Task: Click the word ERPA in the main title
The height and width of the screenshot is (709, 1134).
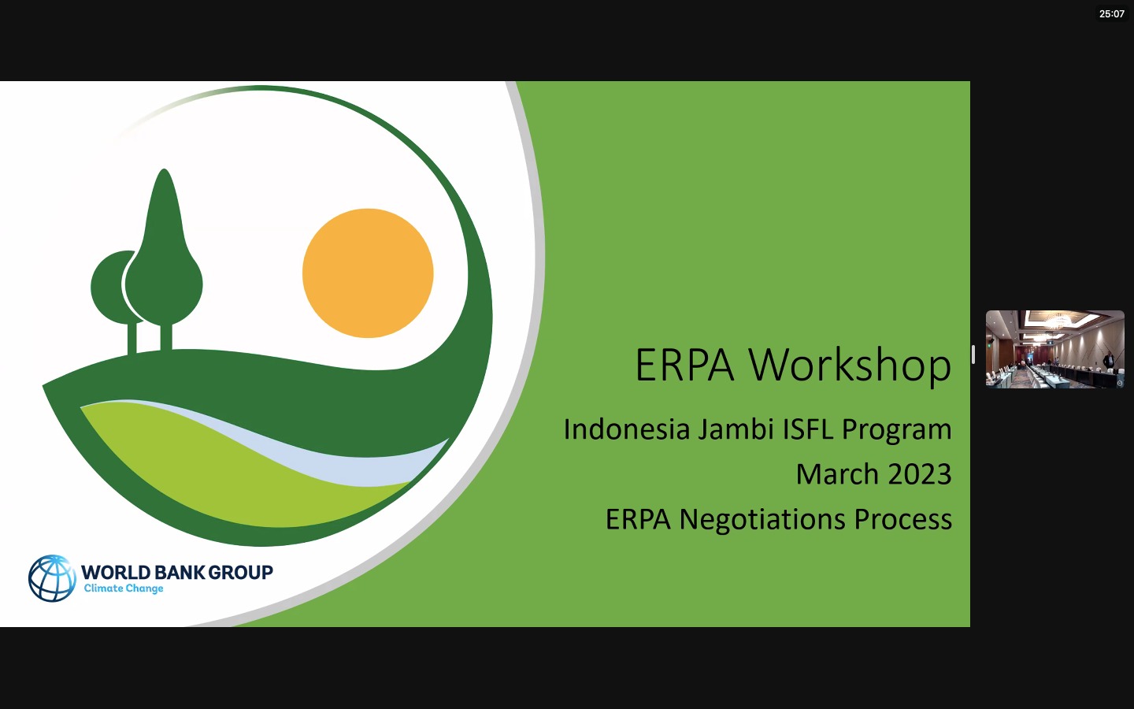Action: click(684, 366)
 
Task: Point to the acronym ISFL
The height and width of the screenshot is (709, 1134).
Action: click(807, 430)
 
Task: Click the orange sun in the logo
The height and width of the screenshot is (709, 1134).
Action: click(368, 273)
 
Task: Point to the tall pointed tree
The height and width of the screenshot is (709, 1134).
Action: click(164, 252)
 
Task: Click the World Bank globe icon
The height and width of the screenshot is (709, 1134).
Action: click(52, 578)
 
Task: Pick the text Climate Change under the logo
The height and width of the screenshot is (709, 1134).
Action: click(124, 588)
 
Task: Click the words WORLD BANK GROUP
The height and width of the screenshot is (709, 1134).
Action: click(176, 572)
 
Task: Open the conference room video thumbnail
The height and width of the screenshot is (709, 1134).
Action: click(1054, 349)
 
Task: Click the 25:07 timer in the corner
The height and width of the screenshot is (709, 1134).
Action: click(1111, 14)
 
